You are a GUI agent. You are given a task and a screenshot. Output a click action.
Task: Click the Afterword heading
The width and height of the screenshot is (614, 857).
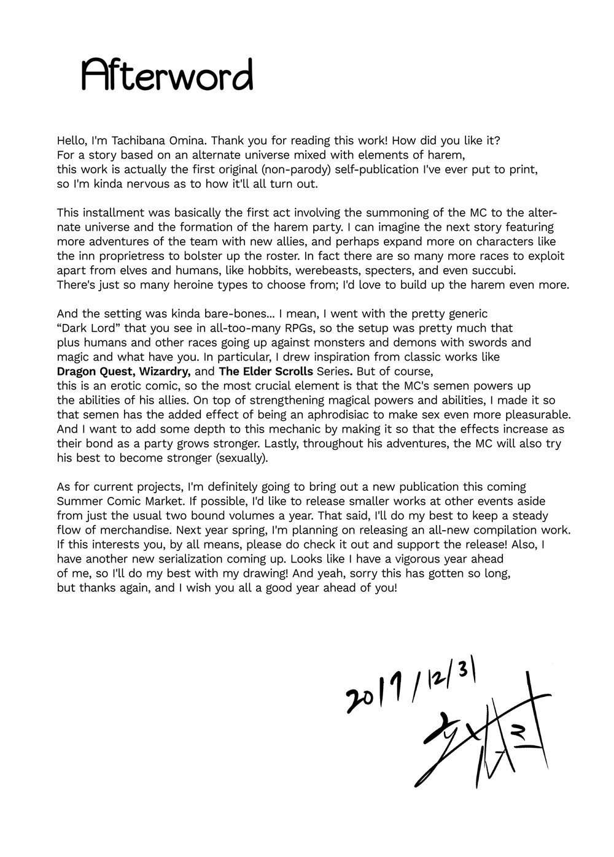coord(167,77)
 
